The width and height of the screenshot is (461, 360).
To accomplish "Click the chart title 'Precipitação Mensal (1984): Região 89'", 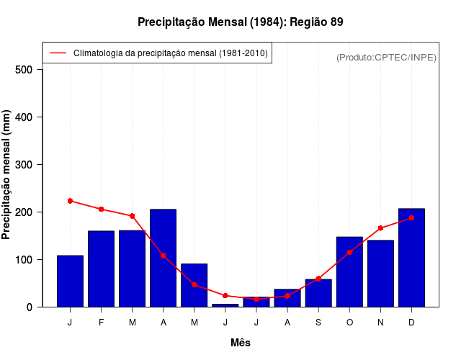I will (x=240, y=22).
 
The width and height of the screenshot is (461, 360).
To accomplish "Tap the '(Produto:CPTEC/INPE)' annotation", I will (x=386, y=57).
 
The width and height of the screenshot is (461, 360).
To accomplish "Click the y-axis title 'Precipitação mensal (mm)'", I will (x=7, y=175).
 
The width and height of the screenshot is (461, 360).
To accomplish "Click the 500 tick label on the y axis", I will (x=24, y=70).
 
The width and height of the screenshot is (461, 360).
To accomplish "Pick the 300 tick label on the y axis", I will (x=24, y=165).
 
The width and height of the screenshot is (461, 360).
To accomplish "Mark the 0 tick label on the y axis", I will (x=30, y=307).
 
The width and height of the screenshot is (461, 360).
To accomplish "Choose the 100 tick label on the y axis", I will (x=24, y=260).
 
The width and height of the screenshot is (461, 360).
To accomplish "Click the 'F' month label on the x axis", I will (x=101, y=323).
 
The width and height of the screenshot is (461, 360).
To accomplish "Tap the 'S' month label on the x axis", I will (x=318, y=323).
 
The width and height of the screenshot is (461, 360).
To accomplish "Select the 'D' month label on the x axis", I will (x=411, y=323).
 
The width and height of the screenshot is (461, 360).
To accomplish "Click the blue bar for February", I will (x=101, y=269).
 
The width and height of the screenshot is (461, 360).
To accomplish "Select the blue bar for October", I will (x=349, y=271).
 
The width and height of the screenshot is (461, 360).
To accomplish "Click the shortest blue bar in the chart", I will (x=225, y=305).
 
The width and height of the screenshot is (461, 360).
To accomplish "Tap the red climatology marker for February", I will (x=101, y=209).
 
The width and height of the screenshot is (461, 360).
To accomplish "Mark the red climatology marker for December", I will (x=411, y=217).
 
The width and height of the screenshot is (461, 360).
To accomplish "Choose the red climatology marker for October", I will (x=349, y=252).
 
